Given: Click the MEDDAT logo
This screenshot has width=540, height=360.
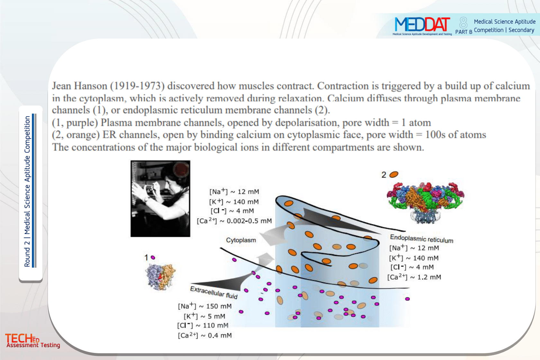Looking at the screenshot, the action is [422, 26].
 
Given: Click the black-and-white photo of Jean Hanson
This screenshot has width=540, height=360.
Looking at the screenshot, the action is [160, 198].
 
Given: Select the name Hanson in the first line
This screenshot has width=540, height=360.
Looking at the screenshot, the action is [90, 86].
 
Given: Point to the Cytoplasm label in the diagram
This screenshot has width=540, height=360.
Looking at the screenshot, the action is [241, 240].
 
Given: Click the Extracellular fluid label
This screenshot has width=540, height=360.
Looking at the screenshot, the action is [214, 292].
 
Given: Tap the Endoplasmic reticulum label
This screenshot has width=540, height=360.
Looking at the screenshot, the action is [422, 239].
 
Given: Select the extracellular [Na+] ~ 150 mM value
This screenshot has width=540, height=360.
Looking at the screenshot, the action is [205, 306].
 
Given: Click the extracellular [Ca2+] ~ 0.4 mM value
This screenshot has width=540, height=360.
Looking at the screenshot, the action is [205, 335].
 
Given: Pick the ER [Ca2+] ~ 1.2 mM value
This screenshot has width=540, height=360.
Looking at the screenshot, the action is [414, 277].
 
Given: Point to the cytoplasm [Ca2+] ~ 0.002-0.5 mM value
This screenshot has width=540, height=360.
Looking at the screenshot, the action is [234, 221].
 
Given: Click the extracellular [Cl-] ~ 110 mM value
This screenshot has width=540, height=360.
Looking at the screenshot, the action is [203, 325].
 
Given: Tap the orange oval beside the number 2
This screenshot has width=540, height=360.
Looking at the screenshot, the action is [394, 174].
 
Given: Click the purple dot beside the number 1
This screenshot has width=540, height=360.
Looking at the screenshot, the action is [153, 257].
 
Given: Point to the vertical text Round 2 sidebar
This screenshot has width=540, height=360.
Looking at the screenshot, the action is [27, 191].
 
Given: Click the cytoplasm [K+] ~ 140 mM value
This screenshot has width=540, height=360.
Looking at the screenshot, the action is [234, 202].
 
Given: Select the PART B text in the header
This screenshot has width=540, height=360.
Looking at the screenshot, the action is [464, 32].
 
